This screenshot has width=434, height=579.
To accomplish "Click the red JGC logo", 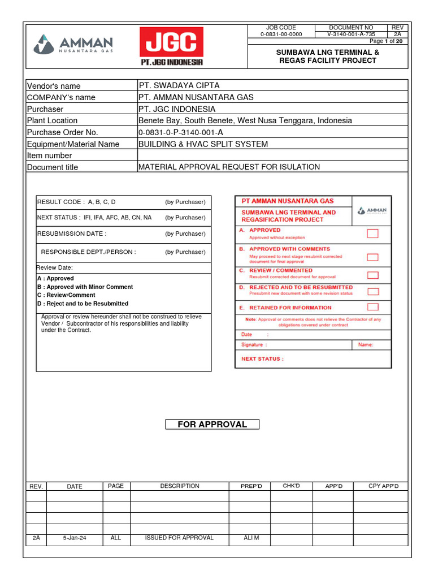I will coord(172,47).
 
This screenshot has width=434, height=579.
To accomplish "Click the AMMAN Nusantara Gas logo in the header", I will coord(74,44).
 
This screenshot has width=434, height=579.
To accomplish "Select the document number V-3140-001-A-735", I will coord(351,34).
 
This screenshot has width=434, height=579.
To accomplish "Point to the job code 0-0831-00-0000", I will coord(281,34).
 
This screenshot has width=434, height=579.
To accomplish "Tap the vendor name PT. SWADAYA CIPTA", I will coord(179,85).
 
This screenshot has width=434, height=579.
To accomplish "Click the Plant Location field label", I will coord(53,120).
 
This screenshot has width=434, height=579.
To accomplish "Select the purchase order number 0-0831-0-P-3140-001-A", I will coord(181,132).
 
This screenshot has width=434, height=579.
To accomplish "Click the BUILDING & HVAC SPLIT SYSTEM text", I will coord(203,144).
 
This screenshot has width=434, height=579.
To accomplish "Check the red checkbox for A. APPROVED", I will coord(372,234).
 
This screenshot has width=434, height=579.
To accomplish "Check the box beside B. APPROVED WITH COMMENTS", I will coord(372,257).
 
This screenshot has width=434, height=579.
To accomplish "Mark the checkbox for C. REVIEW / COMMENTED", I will coord(372,275).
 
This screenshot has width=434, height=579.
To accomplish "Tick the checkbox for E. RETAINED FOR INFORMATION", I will coord(372,307).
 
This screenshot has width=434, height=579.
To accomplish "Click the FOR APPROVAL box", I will coord(212,424).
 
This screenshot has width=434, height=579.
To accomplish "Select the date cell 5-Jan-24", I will coord(75,538).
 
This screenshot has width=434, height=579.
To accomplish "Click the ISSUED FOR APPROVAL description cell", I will coord(179,538).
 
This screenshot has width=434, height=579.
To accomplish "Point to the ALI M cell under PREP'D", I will coord(251,538).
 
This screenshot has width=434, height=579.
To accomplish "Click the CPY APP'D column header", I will coord(383,486).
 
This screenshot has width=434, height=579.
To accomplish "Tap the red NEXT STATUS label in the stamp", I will coord(262,358).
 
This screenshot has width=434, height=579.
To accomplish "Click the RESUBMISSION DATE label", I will coord(72,234).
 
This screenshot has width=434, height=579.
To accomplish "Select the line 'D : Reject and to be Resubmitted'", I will coord(83,304).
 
